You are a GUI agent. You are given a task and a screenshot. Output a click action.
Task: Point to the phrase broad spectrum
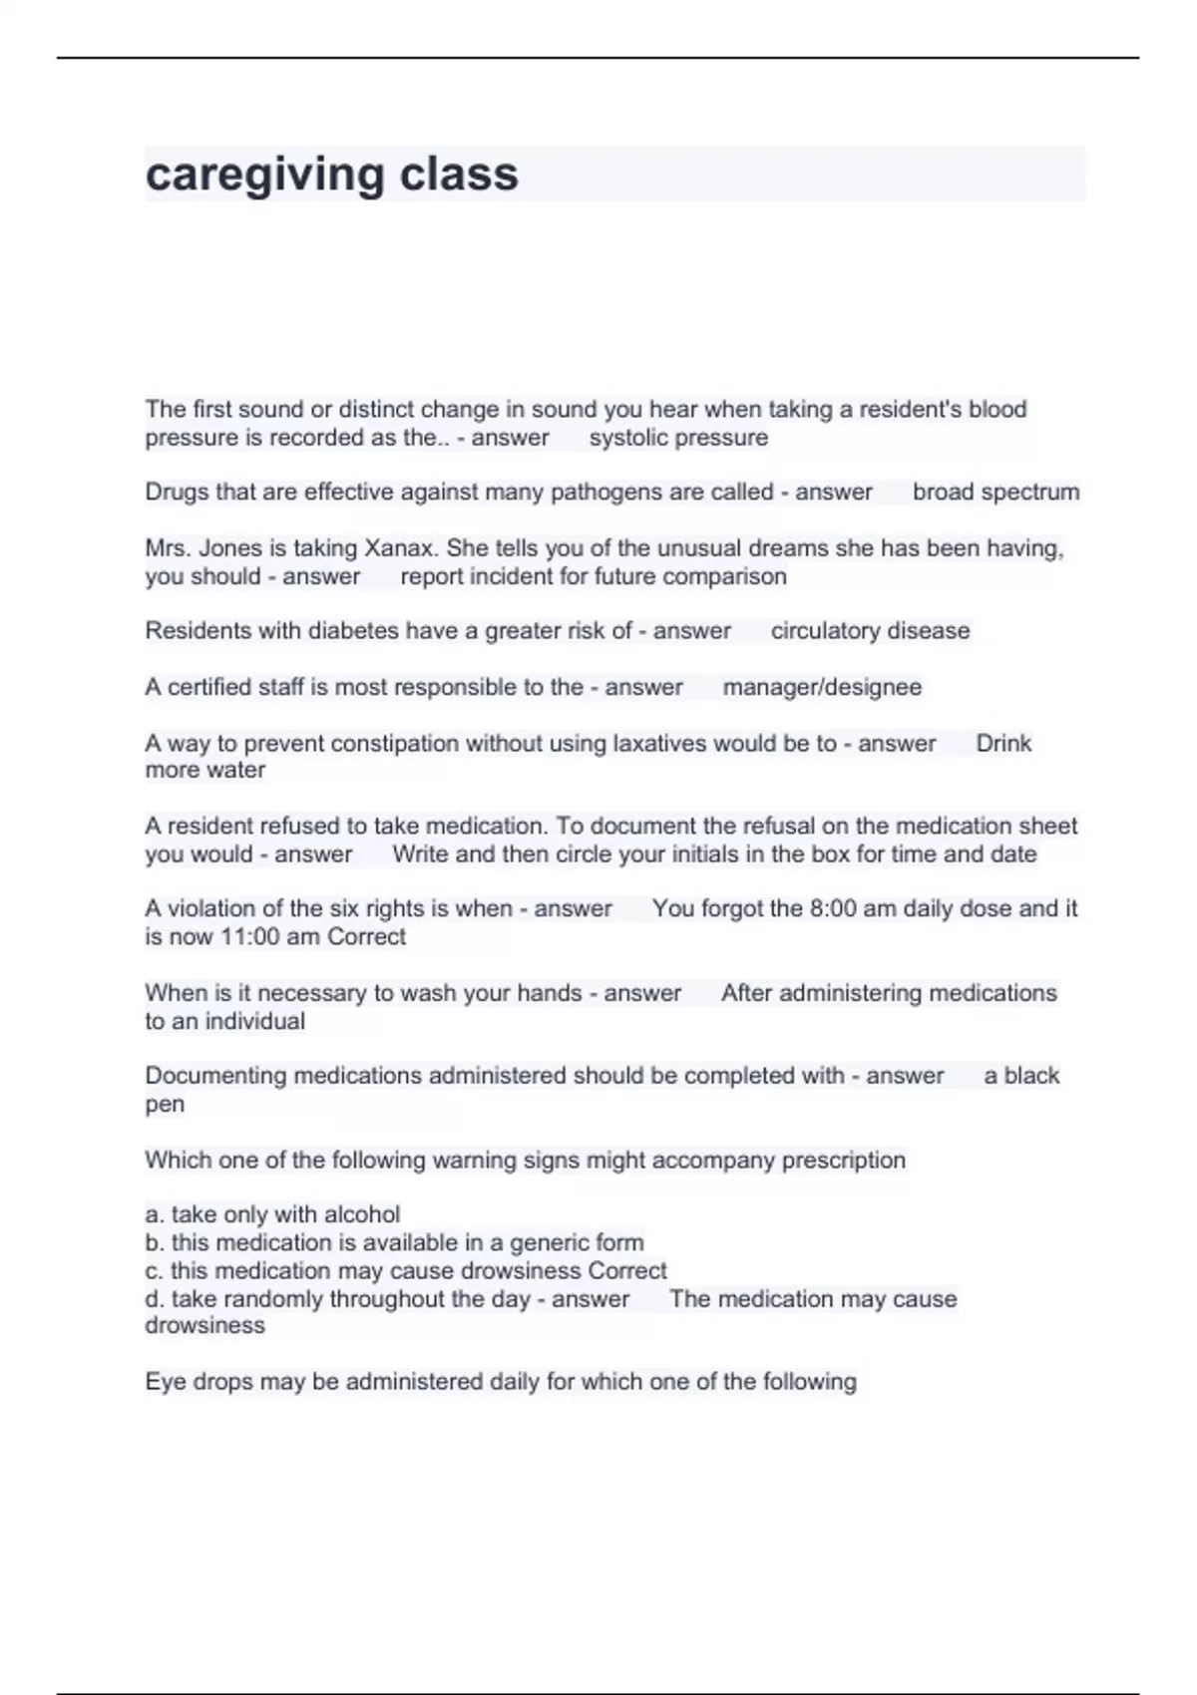[996, 493]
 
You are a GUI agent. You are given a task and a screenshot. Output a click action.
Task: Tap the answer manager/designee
[822, 687]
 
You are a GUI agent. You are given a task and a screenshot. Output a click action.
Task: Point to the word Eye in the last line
[163, 1382]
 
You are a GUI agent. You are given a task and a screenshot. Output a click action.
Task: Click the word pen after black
[165, 1105]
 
